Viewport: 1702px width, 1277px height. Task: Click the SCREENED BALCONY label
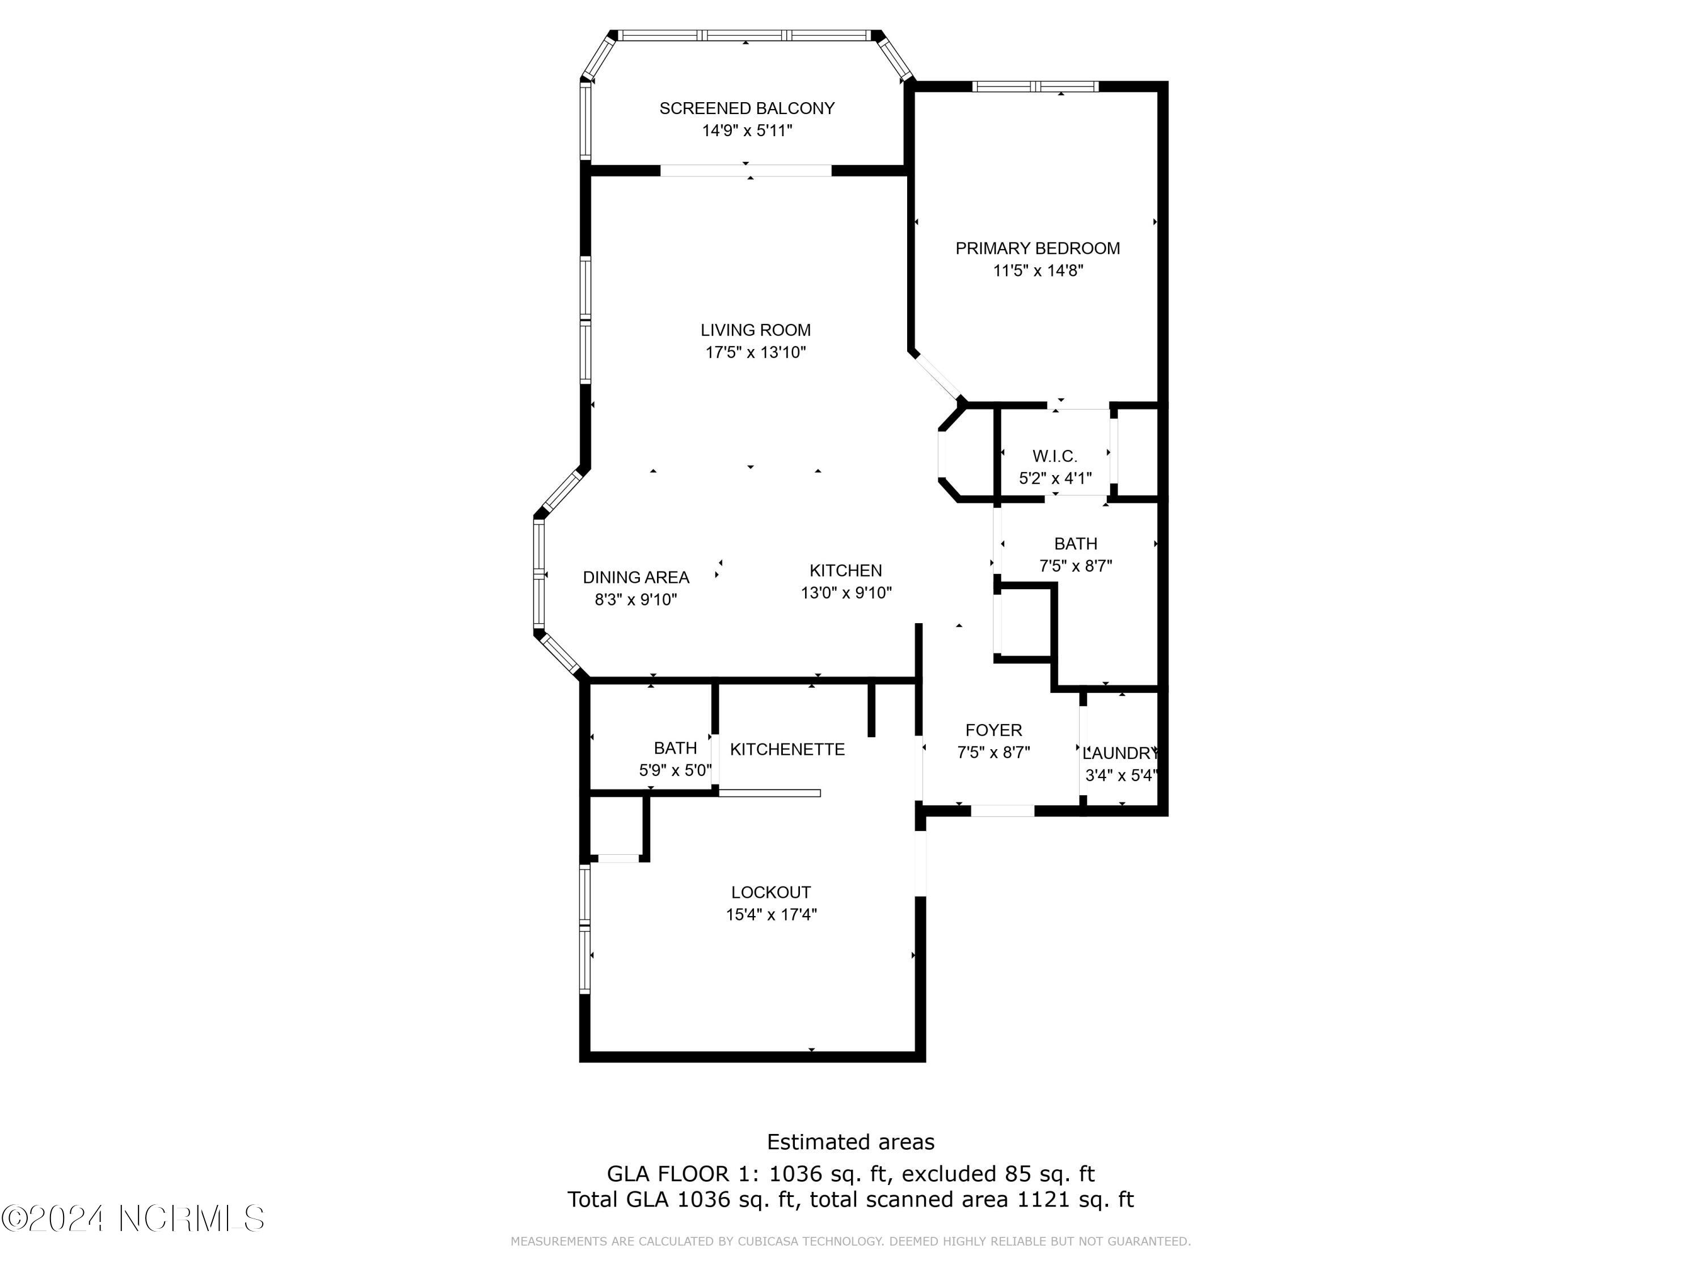[x=747, y=108]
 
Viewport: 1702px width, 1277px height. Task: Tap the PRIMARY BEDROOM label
[x=1037, y=249]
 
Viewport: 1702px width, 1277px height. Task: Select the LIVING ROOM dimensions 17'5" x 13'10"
[x=756, y=352]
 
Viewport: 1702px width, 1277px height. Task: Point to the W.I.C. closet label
[x=1054, y=456]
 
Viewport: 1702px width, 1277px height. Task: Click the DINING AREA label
[x=635, y=577]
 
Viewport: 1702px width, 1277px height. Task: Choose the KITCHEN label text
[x=846, y=570]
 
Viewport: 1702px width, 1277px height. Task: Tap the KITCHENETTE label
[x=787, y=750]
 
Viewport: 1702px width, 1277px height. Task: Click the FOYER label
[x=993, y=730]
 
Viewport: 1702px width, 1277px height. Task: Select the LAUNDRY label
[x=1120, y=754]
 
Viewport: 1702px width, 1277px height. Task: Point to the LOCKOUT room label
[x=770, y=892]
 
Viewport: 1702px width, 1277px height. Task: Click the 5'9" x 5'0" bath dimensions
[x=675, y=770]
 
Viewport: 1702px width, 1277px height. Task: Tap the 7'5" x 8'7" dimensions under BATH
[x=1075, y=566]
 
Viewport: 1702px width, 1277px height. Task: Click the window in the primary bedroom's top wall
[x=1034, y=86]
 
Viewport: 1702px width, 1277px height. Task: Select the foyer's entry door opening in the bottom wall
[x=1002, y=810]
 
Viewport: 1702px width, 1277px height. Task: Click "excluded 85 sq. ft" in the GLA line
[x=997, y=1174]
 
